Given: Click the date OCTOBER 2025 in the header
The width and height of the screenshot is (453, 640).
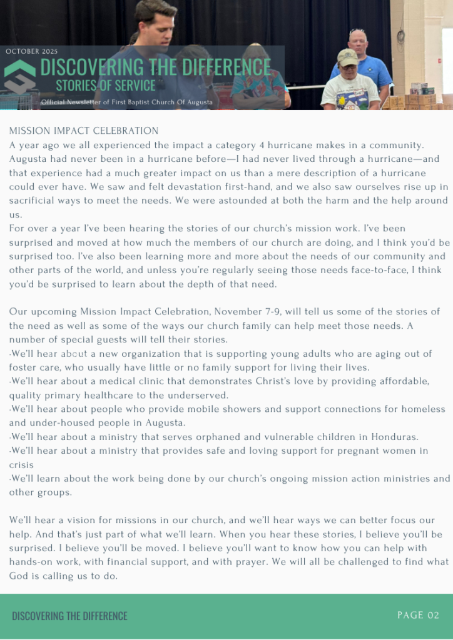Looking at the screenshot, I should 31,51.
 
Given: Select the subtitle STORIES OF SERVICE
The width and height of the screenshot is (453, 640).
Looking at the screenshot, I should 105,84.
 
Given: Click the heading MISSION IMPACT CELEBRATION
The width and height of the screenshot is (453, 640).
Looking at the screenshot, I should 84,131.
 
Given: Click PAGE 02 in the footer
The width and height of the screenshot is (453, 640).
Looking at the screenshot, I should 418,616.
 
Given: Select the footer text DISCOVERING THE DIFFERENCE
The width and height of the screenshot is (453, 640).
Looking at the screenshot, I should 69,616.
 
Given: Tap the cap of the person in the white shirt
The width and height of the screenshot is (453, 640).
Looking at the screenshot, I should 347,55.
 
